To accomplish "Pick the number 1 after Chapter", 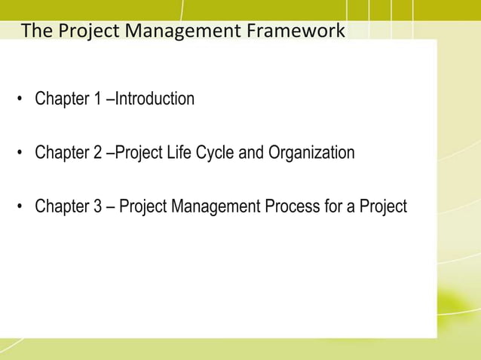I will pos(98,99).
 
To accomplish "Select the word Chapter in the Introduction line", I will pos(63,99).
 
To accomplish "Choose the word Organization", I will pos(311,153).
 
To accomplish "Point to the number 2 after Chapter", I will pos(98,153).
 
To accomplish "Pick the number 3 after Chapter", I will pos(98,206).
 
